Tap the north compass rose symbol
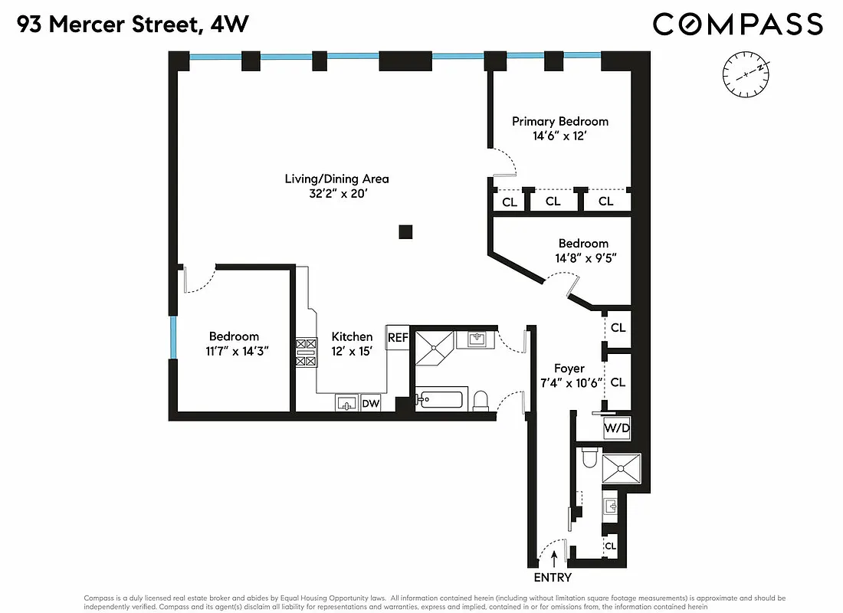tap(745, 74)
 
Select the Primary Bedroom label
tap(559, 121)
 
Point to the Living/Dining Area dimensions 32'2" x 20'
tap(336, 194)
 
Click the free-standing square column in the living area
tap(405, 231)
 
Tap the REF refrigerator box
tap(397, 337)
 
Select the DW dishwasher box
tap(370, 403)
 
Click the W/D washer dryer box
tap(617, 429)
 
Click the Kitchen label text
tap(352, 336)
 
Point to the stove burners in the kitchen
tap(306, 352)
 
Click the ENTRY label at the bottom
tap(552, 578)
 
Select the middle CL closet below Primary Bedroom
tap(553, 202)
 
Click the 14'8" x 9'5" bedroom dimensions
tap(583, 258)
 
